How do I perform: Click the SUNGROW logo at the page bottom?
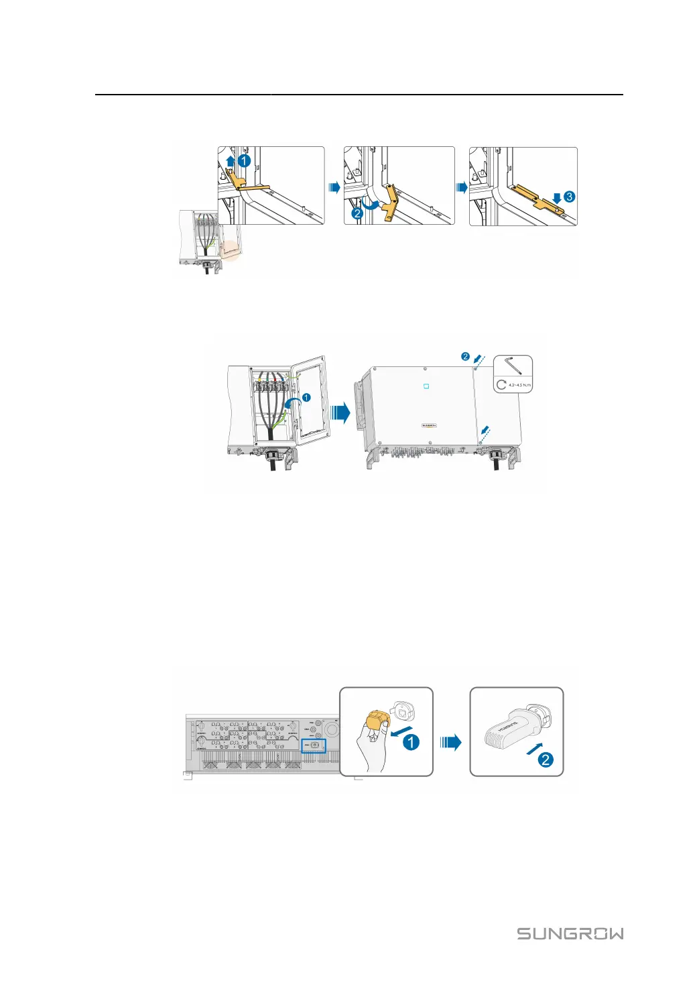(x=570, y=933)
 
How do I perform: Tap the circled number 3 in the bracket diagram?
(x=569, y=197)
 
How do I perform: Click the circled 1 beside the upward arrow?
(x=245, y=161)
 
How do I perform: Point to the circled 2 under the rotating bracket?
(x=357, y=214)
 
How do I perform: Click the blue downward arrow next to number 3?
(x=556, y=198)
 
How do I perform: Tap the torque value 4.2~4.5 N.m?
(x=519, y=385)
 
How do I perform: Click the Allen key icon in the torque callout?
(x=514, y=366)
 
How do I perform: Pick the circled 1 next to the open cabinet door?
(x=306, y=398)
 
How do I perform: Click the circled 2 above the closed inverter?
(x=465, y=356)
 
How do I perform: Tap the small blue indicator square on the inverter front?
(x=426, y=386)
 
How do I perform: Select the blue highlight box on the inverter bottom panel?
(x=313, y=745)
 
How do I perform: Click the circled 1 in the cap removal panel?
(x=411, y=742)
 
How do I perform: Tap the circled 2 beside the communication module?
(x=546, y=760)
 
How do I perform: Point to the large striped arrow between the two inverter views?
(x=341, y=412)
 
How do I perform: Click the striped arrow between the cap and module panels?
(x=451, y=742)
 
